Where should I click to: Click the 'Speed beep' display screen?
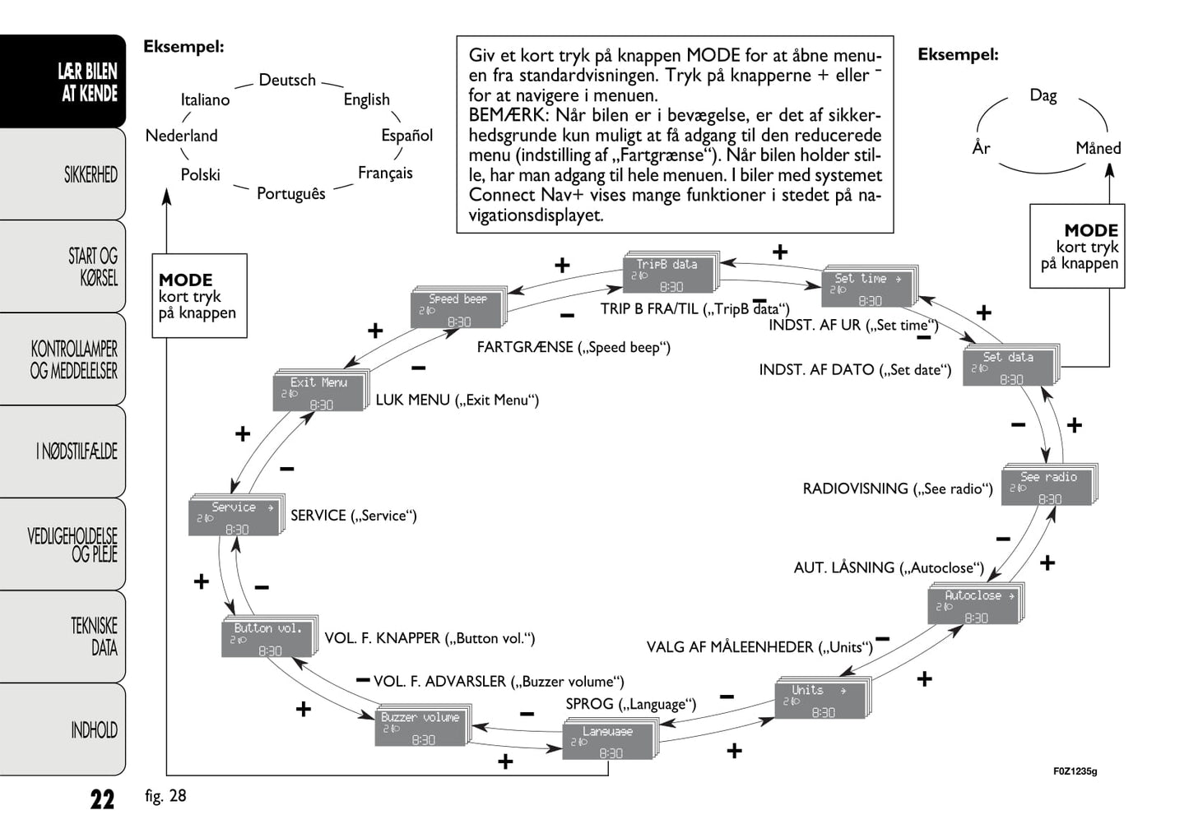(x=457, y=310)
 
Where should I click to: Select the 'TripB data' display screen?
(x=670, y=275)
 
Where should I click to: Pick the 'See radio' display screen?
(x=1048, y=487)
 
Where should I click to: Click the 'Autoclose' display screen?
(x=975, y=606)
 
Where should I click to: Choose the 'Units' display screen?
(x=821, y=701)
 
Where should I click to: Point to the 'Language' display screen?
(x=609, y=741)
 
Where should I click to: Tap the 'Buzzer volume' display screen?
(x=422, y=727)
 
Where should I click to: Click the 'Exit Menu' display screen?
(x=319, y=393)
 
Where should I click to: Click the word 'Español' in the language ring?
(x=406, y=136)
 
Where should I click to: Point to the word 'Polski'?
(x=201, y=175)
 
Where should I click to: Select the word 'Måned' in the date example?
(x=1098, y=149)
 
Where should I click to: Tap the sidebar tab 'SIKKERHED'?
(x=91, y=174)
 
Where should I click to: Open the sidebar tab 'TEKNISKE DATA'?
(x=94, y=637)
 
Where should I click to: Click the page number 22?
(x=102, y=799)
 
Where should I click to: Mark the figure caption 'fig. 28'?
(x=165, y=796)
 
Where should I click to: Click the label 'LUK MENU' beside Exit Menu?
(x=412, y=400)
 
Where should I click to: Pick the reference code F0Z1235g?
(x=1075, y=771)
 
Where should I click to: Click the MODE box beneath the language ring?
(x=199, y=296)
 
